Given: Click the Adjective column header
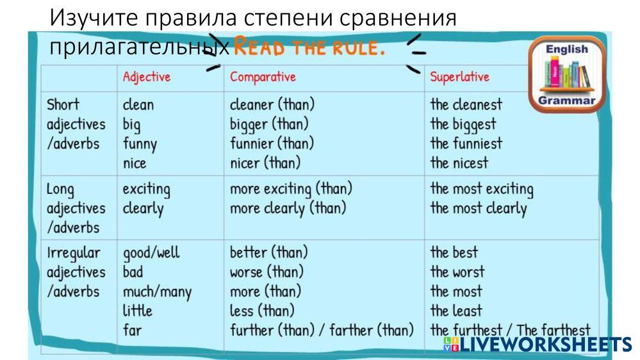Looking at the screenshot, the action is [147, 77].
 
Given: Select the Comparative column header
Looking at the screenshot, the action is [263, 77].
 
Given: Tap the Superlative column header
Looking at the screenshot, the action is [459, 77].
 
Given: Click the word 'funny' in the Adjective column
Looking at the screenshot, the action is [140, 145].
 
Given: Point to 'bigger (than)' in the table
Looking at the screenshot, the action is [269, 124].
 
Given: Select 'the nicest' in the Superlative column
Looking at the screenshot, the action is [459, 163].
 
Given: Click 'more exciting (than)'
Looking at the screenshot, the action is [291, 189].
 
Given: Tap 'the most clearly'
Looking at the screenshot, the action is [479, 209].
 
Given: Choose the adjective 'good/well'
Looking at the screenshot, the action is [151, 253].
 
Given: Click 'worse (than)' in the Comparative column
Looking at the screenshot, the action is [267, 272].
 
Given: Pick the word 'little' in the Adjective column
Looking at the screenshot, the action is [138, 311].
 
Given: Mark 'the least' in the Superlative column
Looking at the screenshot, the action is [456, 311].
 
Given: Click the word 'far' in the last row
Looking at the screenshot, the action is [132, 330].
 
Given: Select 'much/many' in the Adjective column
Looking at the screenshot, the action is [157, 292].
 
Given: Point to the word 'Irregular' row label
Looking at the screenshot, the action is [73, 253].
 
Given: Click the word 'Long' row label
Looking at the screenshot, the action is [60, 190].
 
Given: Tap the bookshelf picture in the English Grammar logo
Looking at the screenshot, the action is [566, 73].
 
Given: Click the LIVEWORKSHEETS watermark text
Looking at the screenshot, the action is [537, 345].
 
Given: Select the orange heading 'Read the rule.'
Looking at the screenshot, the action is [309, 47].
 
